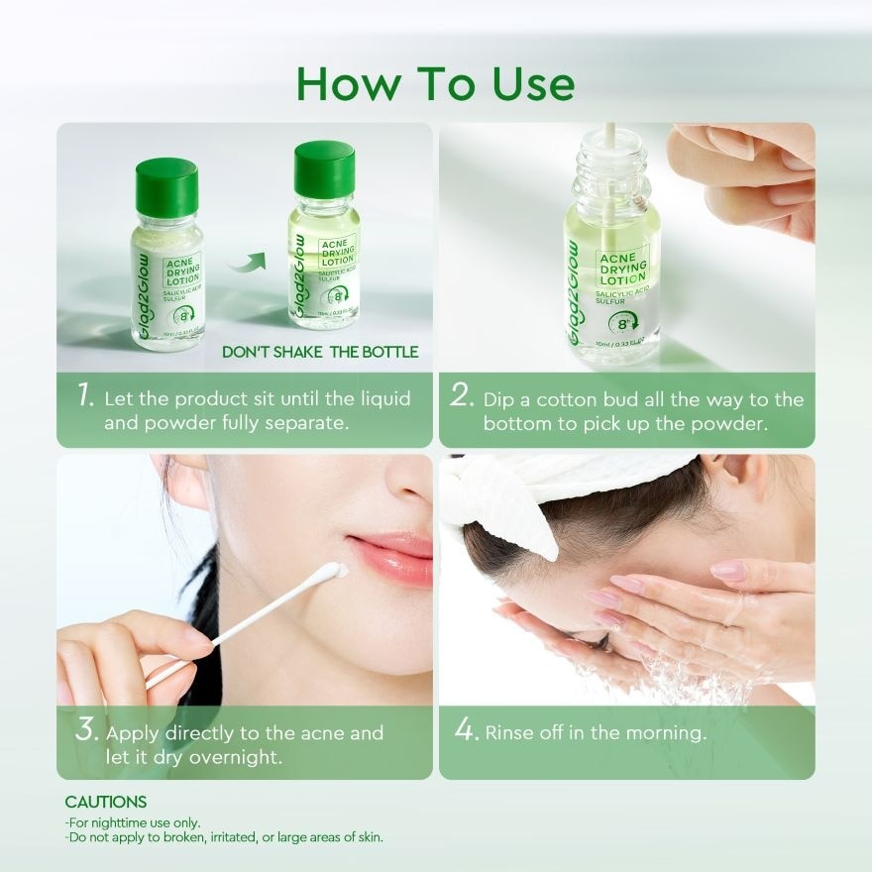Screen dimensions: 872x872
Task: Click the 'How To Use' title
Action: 435,84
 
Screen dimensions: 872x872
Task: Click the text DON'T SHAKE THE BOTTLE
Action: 319,352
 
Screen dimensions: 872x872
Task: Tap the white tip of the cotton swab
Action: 335,571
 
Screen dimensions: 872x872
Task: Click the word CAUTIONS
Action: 106,802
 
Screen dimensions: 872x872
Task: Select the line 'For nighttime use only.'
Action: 133,822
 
